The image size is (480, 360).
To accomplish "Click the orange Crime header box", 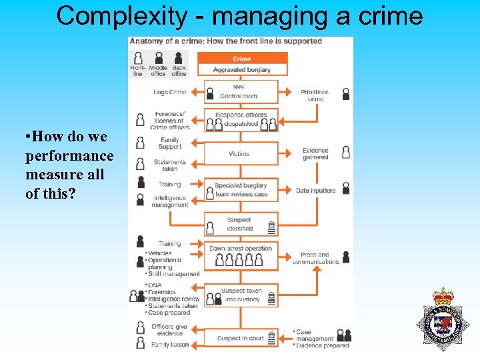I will coord(241,59).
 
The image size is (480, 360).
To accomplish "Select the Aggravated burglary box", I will coord(241,70).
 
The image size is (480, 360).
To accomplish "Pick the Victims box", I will coord(240,153).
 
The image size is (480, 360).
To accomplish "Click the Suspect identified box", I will coord(240,224).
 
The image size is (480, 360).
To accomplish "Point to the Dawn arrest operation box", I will coord(241,255).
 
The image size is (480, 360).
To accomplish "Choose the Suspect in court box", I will coord(241,338).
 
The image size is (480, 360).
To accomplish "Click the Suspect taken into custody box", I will coord(241,295).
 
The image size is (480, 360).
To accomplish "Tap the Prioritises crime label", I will coord(315,95).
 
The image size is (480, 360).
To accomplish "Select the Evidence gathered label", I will coord(315,154).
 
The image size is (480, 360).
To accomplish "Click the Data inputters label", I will coord(315,191).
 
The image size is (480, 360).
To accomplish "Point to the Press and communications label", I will coord(315,258).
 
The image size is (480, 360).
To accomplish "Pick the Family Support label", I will coord(170,143).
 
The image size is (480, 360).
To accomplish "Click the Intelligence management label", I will coord(171,201).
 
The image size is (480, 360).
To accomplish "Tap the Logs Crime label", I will coord(170,92).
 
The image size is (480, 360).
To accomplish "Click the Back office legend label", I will coord(179,71).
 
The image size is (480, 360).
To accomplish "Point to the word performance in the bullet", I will coord(69,156).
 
